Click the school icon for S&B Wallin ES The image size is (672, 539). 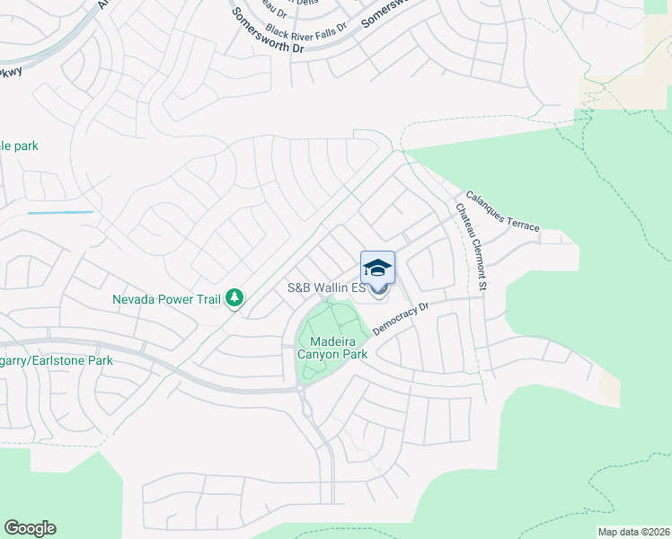tap(377, 267)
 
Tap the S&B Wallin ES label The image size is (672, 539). tap(325, 288)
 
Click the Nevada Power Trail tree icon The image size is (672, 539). tap(234, 297)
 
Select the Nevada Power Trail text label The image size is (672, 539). tap(166, 298)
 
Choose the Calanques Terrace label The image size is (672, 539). tap(502, 211)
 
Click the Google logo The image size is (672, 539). tap(30, 528)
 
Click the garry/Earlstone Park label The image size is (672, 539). tap(56, 360)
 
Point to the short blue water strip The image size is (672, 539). tap(60, 213)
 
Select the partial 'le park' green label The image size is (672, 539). tap(19, 146)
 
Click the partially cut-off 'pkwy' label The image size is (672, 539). tap(11, 70)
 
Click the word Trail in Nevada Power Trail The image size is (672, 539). tap(208, 298)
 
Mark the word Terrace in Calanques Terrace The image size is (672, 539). tap(519, 219)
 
